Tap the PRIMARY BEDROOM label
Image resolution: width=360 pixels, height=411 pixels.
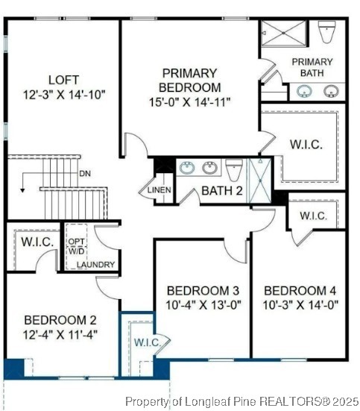tap(190, 80)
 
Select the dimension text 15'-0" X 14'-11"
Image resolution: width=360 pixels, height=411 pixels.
tap(190, 101)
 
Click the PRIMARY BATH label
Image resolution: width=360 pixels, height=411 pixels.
tap(312, 67)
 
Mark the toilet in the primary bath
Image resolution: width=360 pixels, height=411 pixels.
tap(326, 33)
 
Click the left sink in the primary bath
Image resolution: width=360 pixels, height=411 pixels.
tap(303, 92)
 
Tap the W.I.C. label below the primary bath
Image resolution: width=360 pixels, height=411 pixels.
tap(306, 145)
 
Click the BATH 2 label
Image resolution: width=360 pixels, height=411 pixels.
tap(222, 191)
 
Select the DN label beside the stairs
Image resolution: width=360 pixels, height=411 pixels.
tap(86, 174)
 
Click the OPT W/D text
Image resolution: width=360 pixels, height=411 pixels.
tap(77, 246)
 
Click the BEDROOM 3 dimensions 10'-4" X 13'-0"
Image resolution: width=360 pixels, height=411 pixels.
tap(203, 304)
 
